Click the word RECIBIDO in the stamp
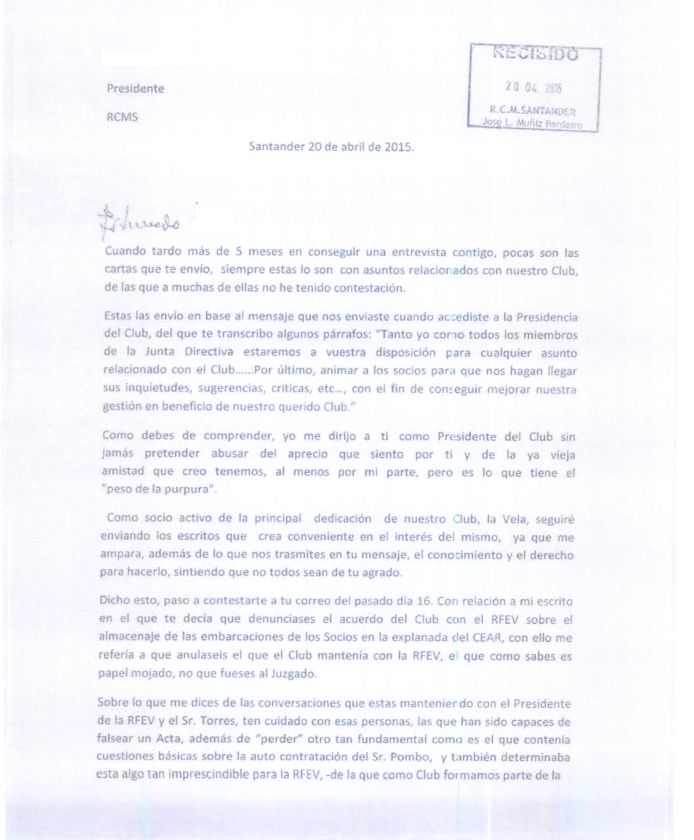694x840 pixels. coord(536,54)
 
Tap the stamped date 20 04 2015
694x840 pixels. coord(533,87)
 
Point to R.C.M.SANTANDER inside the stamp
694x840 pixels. coord(532,110)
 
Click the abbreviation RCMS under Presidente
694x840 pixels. coord(122,117)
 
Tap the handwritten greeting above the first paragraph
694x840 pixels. coord(139,221)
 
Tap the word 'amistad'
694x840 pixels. coord(123,471)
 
